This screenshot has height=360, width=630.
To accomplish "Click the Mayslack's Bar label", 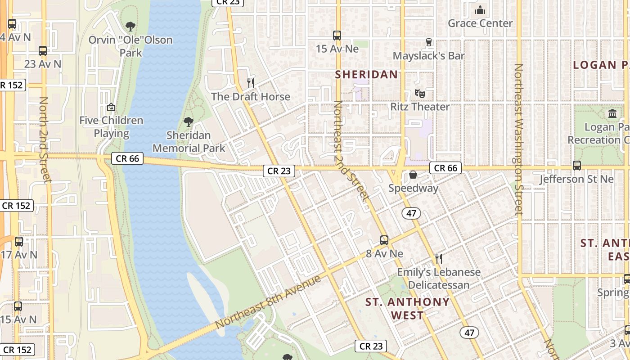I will point(428,56).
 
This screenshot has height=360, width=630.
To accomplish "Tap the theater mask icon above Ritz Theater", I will point(420,94).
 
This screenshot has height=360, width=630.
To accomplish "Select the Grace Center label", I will point(480,23).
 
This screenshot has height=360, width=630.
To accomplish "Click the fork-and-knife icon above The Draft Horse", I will point(251,83).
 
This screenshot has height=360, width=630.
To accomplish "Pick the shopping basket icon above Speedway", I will point(413,175).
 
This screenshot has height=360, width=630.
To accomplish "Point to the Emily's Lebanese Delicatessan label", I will point(439,279).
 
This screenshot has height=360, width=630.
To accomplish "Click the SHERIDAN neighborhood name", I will point(367,75).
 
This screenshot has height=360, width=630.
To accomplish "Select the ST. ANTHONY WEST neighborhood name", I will point(407,308).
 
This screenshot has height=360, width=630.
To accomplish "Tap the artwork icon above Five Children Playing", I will point(111,107).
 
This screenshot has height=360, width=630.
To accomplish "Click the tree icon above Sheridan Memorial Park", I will point(188,121).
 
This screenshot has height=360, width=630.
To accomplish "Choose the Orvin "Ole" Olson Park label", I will point(130,46).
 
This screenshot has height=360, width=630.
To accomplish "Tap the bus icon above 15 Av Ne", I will point(337,35).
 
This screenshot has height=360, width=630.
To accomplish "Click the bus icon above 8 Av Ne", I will point(384,240).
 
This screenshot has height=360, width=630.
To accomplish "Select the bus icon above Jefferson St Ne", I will point(577,166).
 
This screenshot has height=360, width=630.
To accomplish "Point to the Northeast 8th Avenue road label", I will point(268,302).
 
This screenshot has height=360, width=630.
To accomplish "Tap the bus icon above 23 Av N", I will point(43,50).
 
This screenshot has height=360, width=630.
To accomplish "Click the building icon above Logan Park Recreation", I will point(612,113).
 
